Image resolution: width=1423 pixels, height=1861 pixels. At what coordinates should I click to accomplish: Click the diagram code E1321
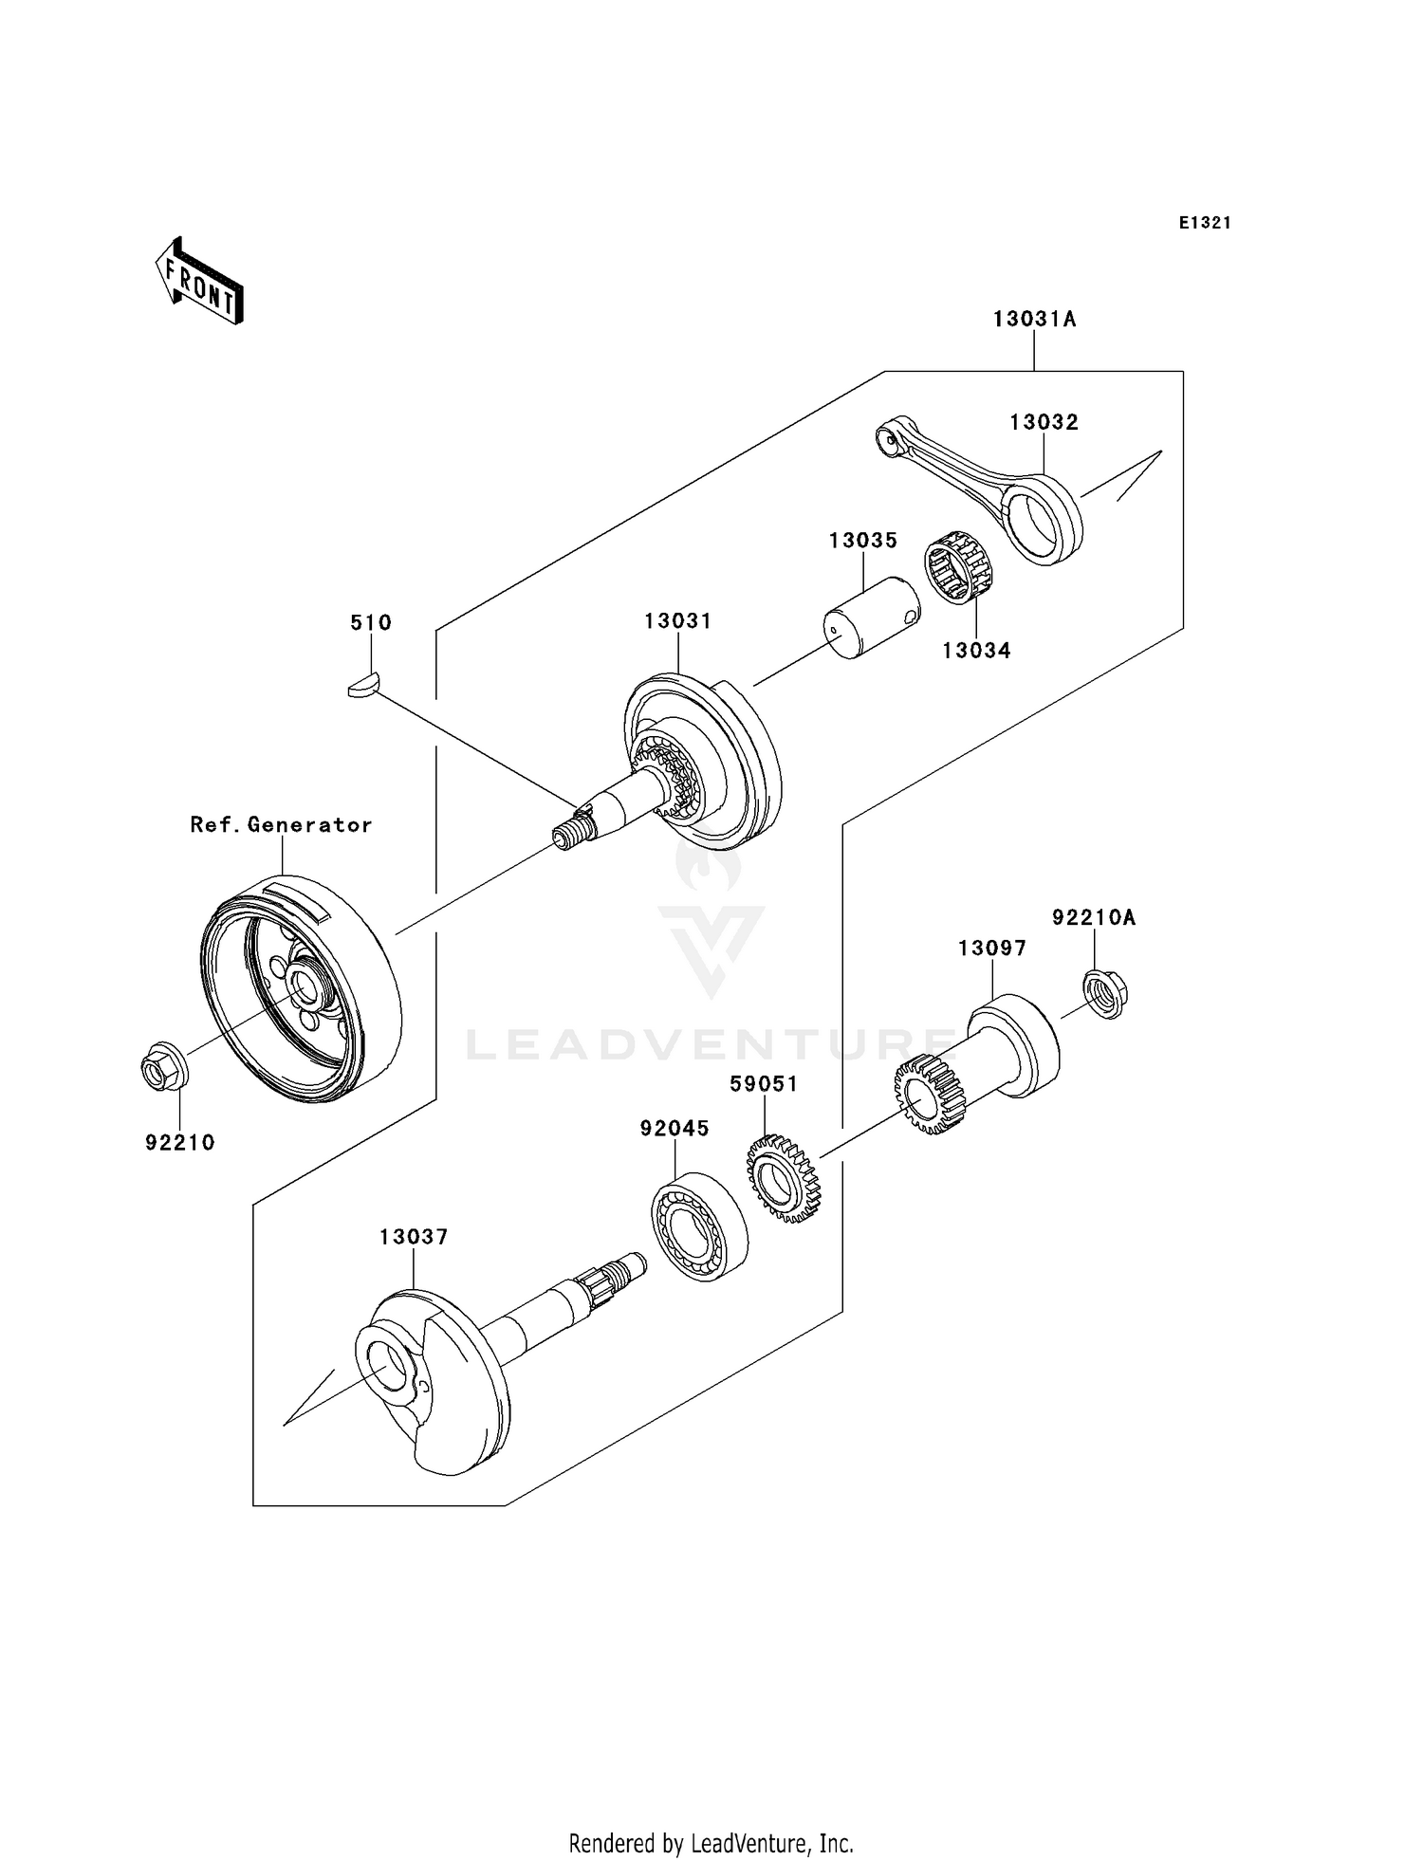(1205, 223)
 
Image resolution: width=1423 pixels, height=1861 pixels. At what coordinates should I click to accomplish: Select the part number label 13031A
(1034, 320)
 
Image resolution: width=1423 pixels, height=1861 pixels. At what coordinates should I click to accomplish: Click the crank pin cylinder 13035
(871, 617)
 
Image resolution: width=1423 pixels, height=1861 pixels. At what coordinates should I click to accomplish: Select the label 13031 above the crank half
(677, 621)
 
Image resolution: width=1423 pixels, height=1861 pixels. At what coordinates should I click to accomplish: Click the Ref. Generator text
(281, 825)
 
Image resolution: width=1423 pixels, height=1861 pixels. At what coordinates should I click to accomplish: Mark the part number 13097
(991, 949)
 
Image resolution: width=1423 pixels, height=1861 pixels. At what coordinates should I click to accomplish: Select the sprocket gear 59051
(783, 1178)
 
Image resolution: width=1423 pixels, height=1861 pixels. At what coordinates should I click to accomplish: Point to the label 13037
(413, 1237)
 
